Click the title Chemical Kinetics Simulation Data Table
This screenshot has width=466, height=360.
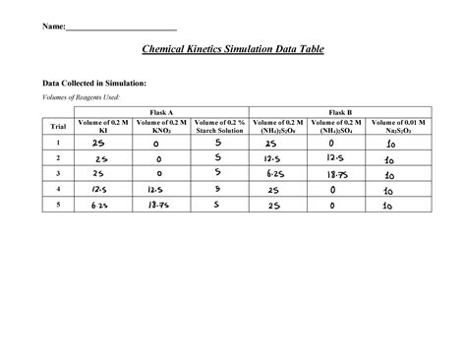point(232,48)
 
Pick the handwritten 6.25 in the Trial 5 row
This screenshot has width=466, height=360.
point(99,206)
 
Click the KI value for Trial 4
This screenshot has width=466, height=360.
point(99,189)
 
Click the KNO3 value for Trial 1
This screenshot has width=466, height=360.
point(157,144)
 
